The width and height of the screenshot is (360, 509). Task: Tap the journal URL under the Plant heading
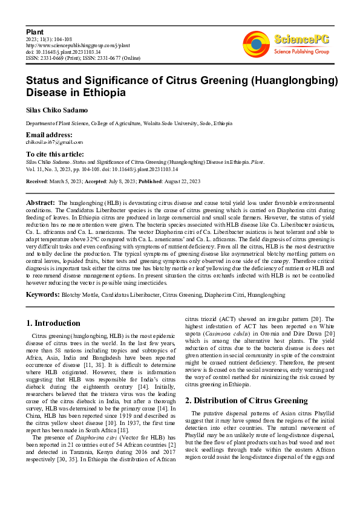pyautogui.click(x=78, y=45)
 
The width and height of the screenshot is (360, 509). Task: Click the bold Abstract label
pyautogui.click(x=41, y=202)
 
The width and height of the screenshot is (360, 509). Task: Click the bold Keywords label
pyautogui.click(x=42, y=294)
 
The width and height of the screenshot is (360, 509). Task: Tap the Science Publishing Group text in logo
pyautogui.click(x=301, y=52)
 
